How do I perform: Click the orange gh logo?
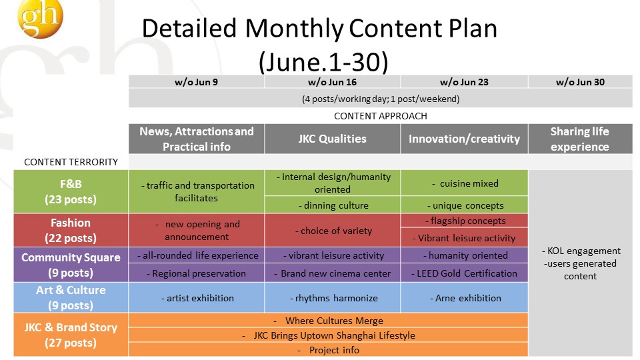41,19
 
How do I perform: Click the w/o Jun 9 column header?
196,81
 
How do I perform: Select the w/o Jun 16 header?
332,81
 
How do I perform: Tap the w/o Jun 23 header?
464,81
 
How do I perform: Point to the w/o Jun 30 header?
580,81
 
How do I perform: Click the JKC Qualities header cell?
332,139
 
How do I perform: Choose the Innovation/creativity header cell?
464,139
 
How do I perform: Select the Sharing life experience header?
580,139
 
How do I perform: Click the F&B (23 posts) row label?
71,191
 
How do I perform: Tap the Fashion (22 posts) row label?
71,230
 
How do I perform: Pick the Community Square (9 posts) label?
71,265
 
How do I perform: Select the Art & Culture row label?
71,297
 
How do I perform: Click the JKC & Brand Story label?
71,335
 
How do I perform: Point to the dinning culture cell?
332,205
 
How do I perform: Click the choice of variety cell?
332,231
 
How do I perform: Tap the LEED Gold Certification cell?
464,273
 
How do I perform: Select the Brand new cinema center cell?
332,273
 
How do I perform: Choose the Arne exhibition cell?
464,298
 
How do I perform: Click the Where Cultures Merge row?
328,321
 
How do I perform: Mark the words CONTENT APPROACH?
381,116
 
